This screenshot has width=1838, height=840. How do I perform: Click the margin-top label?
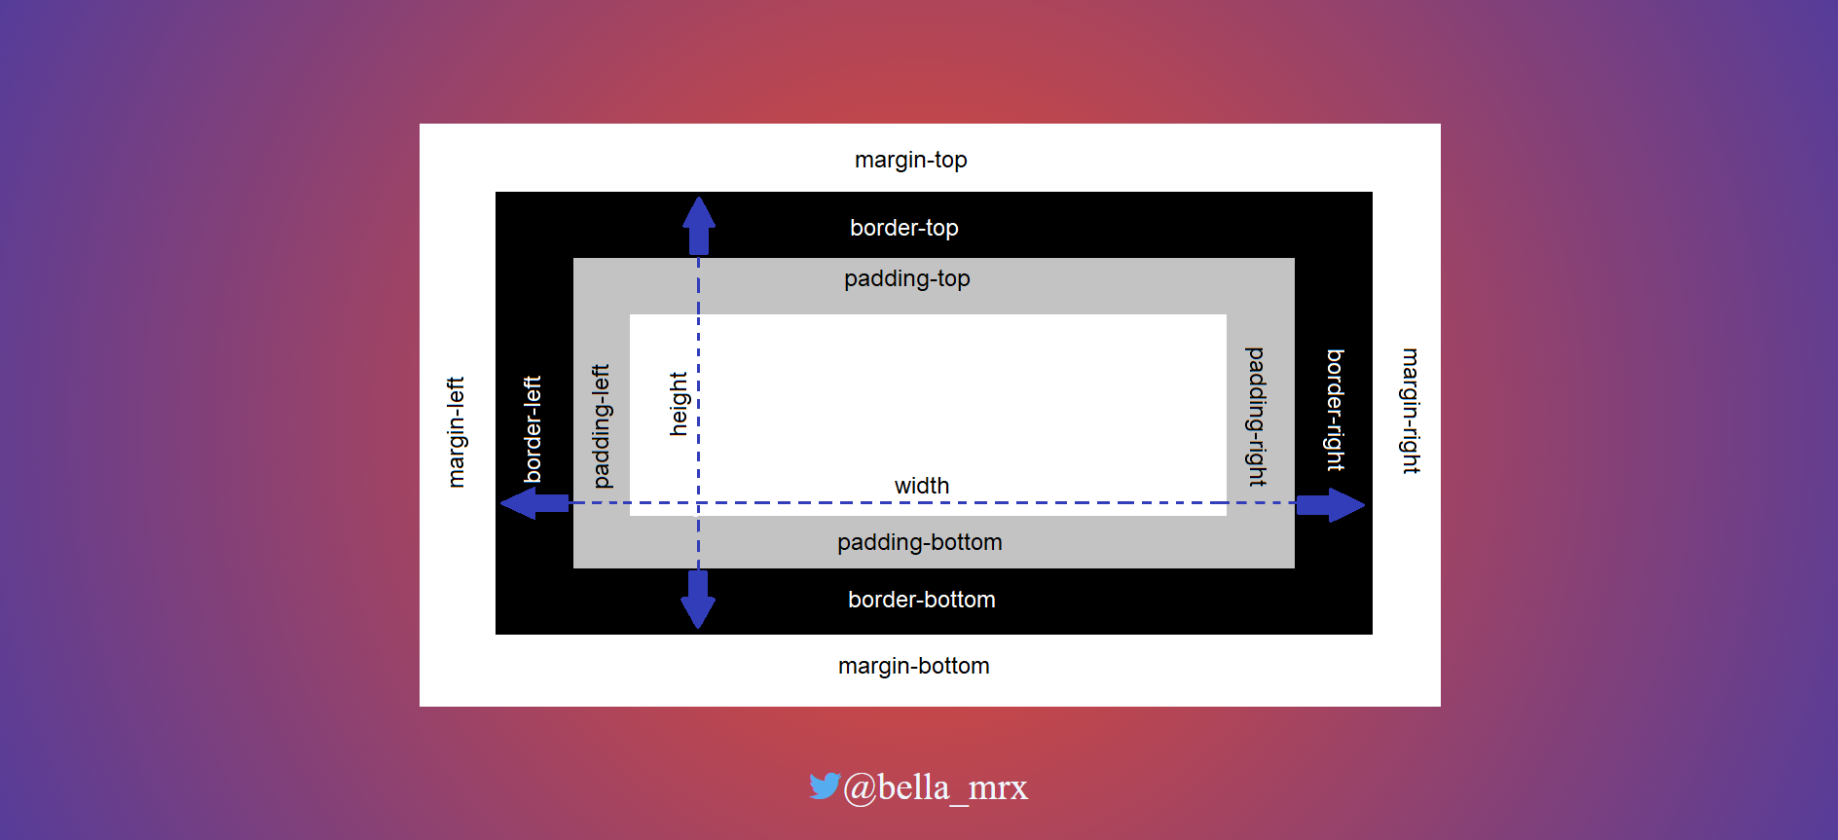[910, 160]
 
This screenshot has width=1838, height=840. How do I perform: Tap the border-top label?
[903, 228]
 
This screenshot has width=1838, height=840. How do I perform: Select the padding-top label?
[906, 278]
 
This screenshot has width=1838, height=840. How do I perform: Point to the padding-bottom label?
[919, 542]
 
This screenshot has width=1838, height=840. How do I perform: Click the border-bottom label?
[921, 600]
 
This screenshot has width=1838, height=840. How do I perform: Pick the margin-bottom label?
[913, 666]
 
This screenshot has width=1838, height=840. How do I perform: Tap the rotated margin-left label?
[456, 431]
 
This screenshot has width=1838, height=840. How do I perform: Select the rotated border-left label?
[533, 429]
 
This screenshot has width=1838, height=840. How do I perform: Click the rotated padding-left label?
[602, 426]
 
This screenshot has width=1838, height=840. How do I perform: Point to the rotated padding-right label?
[1257, 417]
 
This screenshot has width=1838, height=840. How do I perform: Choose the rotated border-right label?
[1336, 410]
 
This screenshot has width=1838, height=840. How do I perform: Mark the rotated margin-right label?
[1411, 411]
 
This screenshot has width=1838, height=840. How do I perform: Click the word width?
[921, 486]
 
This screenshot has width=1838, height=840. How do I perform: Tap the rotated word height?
[679, 403]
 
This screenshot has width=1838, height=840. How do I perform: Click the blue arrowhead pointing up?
[699, 214]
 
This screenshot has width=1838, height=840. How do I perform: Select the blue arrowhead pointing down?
[698, 610]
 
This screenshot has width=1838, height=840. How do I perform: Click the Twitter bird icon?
[824, 785]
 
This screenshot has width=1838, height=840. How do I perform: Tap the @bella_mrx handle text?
[935, 787]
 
